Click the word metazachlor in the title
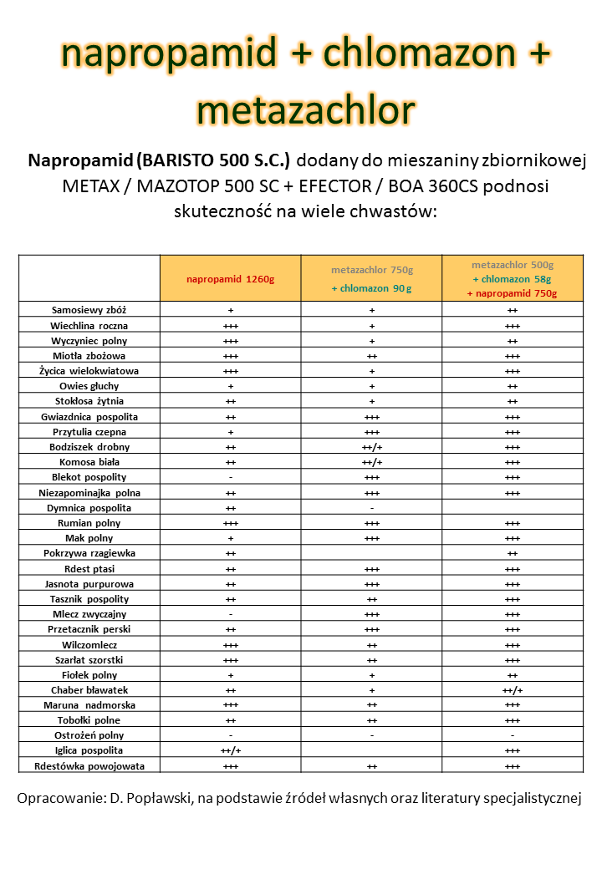point(305,109)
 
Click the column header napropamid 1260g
point(230,279)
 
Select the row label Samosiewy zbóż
point(89,310)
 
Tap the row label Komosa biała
point(89,462)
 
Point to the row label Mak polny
point(89,538)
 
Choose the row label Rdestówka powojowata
point(89,766)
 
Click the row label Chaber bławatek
point(89,690)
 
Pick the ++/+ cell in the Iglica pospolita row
point(231,751)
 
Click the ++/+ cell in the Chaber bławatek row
point(513,690)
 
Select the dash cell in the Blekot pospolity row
point(231,477)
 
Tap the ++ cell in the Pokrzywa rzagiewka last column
point(513,553)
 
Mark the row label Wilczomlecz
point(89,645)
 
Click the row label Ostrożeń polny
point(89,735)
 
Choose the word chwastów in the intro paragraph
point(394,211)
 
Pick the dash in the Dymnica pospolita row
point(371,508)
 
